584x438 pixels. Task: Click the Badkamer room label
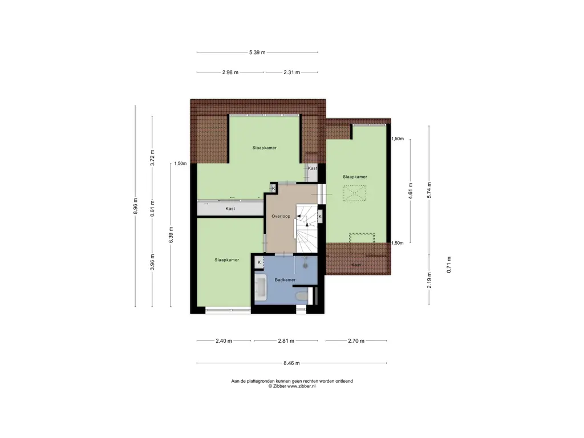point(285,279)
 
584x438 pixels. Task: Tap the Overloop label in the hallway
point(281,216)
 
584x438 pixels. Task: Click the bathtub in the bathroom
point(260,287)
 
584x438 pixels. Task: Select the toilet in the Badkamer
point(301,296)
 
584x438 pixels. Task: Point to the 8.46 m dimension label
point(291,363)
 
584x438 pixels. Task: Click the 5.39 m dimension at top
point(257,52)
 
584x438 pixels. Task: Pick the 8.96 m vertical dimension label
point(136,205)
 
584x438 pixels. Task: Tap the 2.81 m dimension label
point(286,340)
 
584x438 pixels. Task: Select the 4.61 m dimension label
point(411,190)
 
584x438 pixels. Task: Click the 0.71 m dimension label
point(449,265)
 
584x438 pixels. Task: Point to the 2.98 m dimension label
point(230,72)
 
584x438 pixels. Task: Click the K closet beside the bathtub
point(259,262)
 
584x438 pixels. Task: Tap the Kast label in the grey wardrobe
point(230,209)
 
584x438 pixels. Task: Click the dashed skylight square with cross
point(355,193)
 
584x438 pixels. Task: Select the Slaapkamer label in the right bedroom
point(355,177)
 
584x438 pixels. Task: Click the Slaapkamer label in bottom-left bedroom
point(227,260)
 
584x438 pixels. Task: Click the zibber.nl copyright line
point(292,386)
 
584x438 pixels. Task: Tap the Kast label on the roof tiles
point(356,265)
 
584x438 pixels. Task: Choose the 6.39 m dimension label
point(171,234)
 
